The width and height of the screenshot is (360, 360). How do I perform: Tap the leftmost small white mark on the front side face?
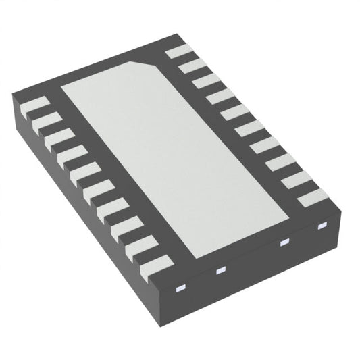click(x=180, y=288)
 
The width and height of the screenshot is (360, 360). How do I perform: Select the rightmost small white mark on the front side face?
click(x=322, y=225)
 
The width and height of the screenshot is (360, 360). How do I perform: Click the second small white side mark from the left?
click(x=220, y=271)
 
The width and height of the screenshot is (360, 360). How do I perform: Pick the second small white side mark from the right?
click(x=284, y=242)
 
